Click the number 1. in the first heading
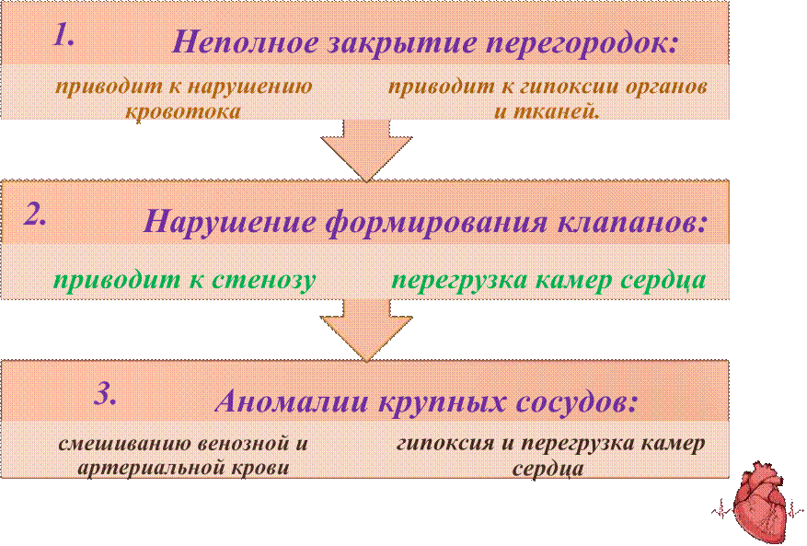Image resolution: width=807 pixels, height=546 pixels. tap(63, 36)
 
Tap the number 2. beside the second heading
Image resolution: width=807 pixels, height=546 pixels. tap(35, 215)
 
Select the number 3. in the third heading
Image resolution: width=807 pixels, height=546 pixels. tap(105, 395)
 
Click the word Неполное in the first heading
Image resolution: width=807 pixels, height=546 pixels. tap(245, 42)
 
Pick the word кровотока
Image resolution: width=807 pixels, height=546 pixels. tap(183, 111)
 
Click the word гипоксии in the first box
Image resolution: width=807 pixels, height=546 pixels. tap(570, 87)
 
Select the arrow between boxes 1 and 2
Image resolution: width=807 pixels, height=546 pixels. tap(366, 151)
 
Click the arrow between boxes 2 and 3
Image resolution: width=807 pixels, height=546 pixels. tap(366, 331)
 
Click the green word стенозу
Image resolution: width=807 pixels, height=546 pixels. tap(263, 281)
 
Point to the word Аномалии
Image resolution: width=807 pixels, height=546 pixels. tap(292, 401)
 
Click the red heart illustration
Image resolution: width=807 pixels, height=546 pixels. tap(758, 503)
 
